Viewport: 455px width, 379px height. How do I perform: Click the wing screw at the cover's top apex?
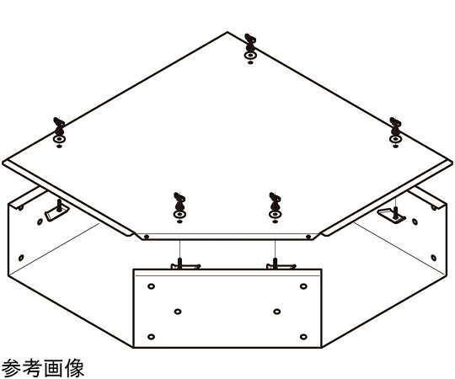(249, 48)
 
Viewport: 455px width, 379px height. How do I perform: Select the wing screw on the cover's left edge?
(59, 132)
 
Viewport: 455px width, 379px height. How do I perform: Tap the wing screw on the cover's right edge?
(395, 132)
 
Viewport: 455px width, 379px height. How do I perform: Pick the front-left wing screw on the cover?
(179, 207)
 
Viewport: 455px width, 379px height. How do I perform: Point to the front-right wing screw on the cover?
(275, 207)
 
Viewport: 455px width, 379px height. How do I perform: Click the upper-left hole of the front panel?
(151, 286)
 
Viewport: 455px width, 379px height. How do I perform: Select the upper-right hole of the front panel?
(303, 286)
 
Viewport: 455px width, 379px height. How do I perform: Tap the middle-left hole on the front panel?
(178, 312)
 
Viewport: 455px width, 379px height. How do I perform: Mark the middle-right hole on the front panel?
(277, 312)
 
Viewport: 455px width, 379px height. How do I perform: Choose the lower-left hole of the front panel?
(151, 337)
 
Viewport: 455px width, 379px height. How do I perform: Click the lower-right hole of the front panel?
(303, 337)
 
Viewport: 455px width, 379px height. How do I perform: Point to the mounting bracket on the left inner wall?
(56, 211)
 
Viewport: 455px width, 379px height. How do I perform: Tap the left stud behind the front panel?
(185, 264)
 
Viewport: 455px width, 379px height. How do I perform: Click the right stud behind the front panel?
(281, 264)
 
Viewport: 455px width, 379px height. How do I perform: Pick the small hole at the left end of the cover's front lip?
(147, 237)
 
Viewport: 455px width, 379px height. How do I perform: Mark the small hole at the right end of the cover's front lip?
(308, 237)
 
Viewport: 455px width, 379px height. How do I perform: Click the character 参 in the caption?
(11, 368)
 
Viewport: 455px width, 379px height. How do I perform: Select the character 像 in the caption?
(74, 368)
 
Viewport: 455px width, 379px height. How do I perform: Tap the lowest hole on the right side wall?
(434, 258)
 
